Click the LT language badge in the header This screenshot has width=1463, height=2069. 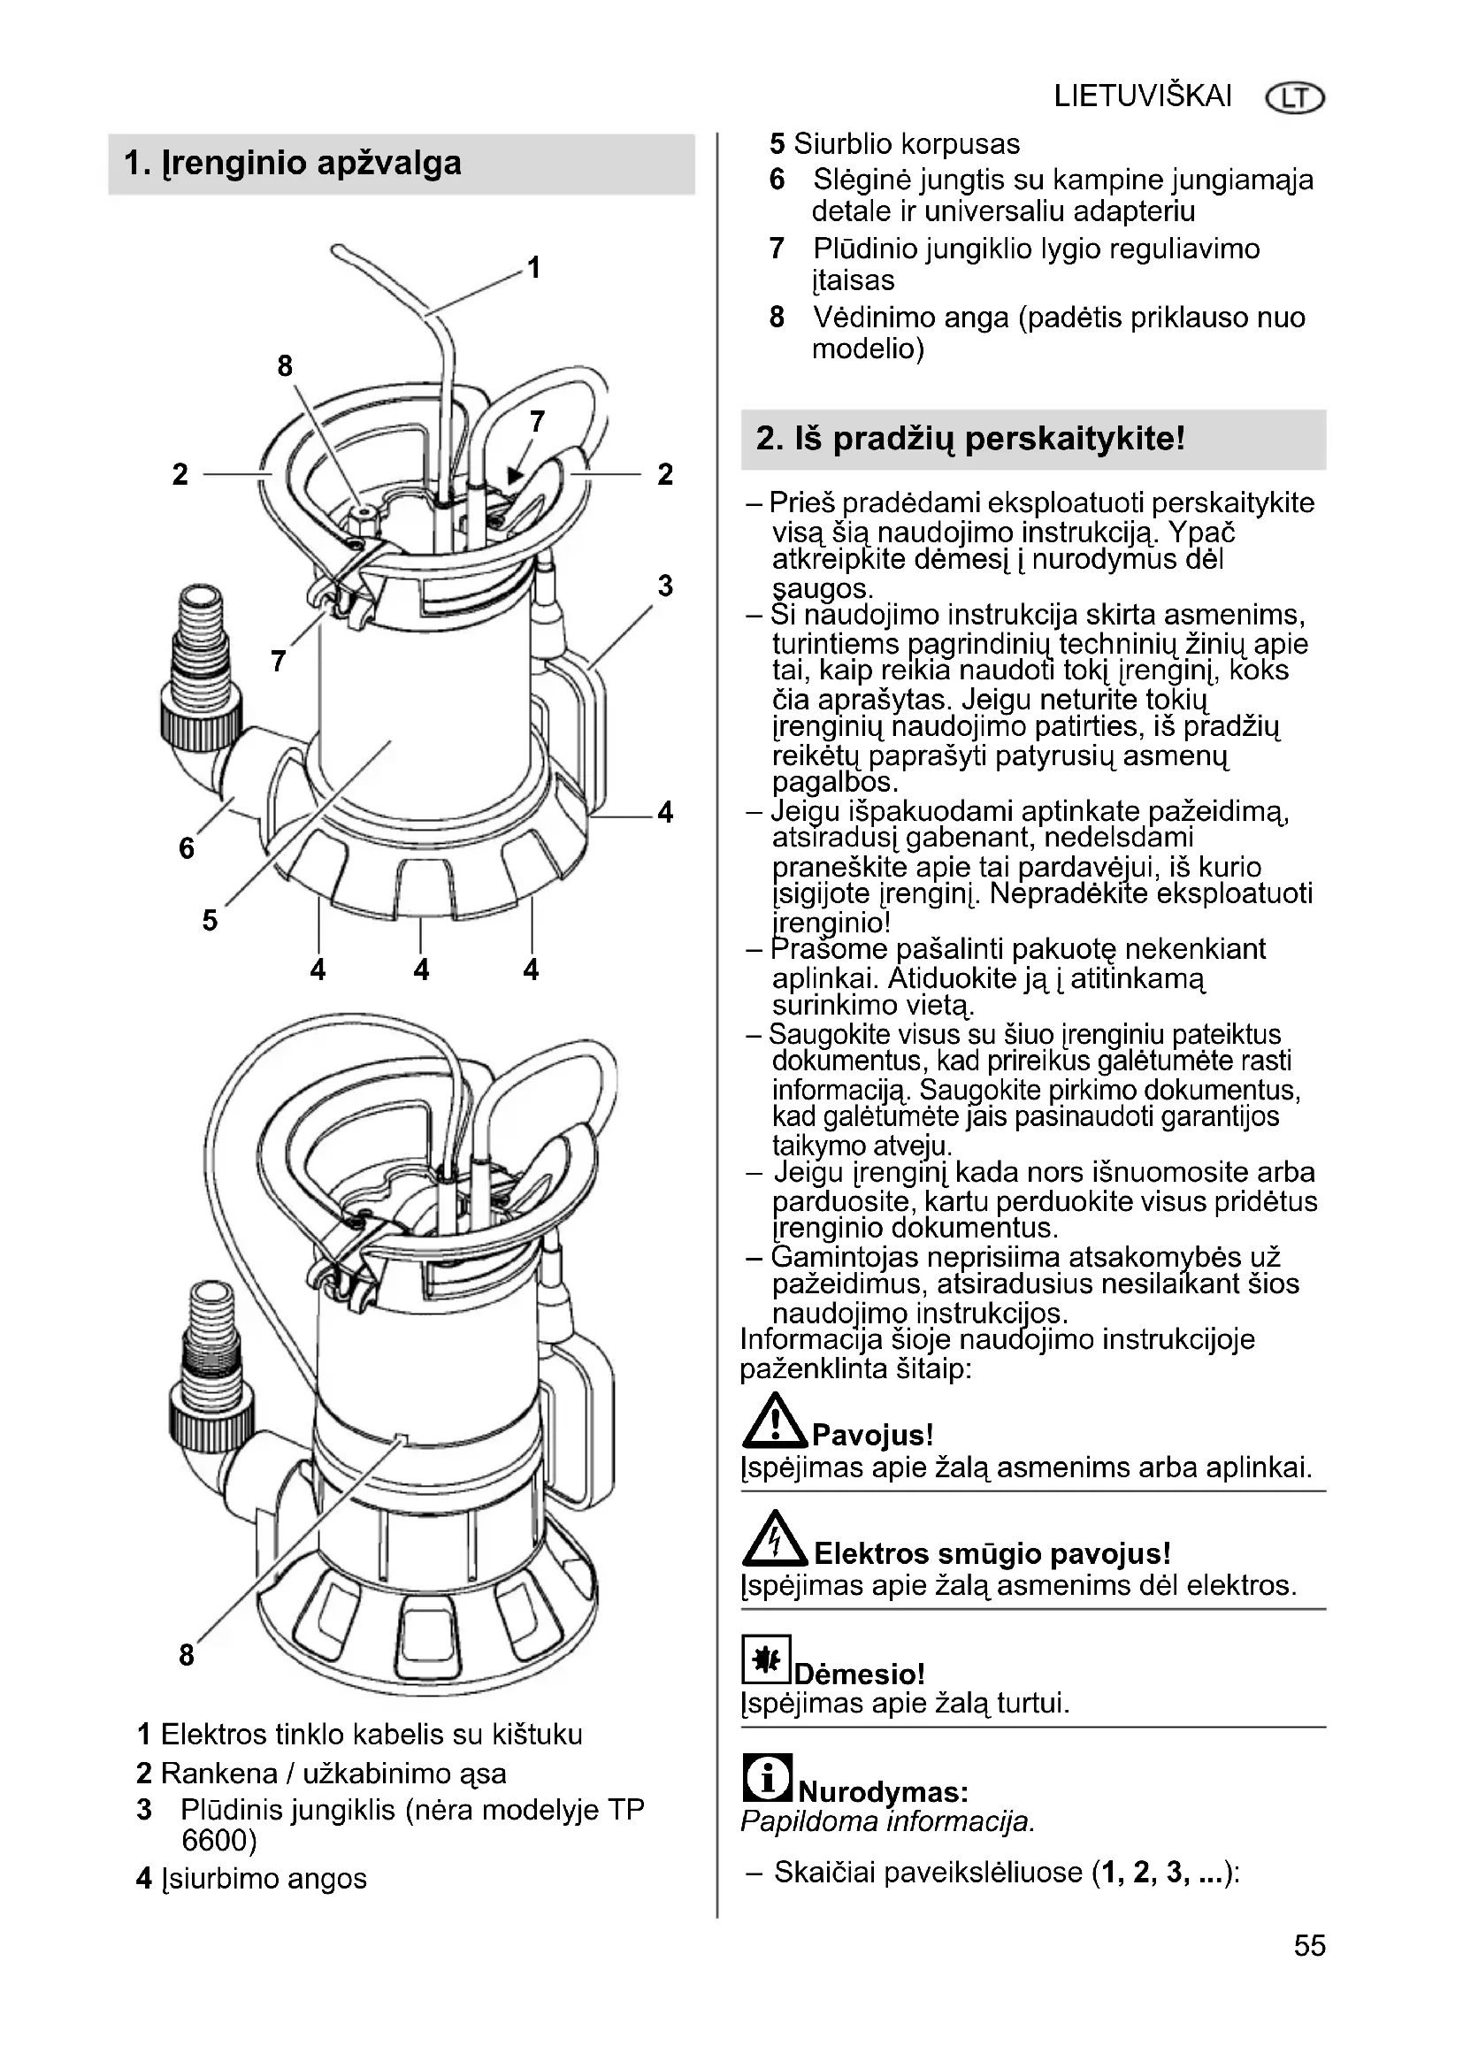[x=1295, y=98]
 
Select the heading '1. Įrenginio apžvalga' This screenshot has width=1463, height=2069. [x=293, y=163]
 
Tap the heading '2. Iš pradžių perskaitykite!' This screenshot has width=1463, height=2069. [x=970, y=439]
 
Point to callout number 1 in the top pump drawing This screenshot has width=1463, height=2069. [x=533, y=268]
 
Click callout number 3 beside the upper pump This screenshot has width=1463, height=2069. [x=665, y=586]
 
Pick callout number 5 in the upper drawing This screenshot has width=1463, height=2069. [x=209, y=920]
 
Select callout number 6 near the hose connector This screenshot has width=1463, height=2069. [x=187, y=848]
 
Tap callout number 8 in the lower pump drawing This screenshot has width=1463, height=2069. [x=187, y=1654]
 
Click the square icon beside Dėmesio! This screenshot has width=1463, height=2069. [x=766, y=1659]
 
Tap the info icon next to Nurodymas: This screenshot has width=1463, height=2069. [x=768, y=1777]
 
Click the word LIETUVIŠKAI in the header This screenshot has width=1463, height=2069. [x=1142, y=96]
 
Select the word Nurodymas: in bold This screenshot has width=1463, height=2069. [x=883, y=1791]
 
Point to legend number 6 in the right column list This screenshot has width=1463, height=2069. [x=777, y=180]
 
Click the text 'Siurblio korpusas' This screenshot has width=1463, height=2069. [x=908, y=144]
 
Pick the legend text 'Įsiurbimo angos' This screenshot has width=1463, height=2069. [x=264, y=1879]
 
